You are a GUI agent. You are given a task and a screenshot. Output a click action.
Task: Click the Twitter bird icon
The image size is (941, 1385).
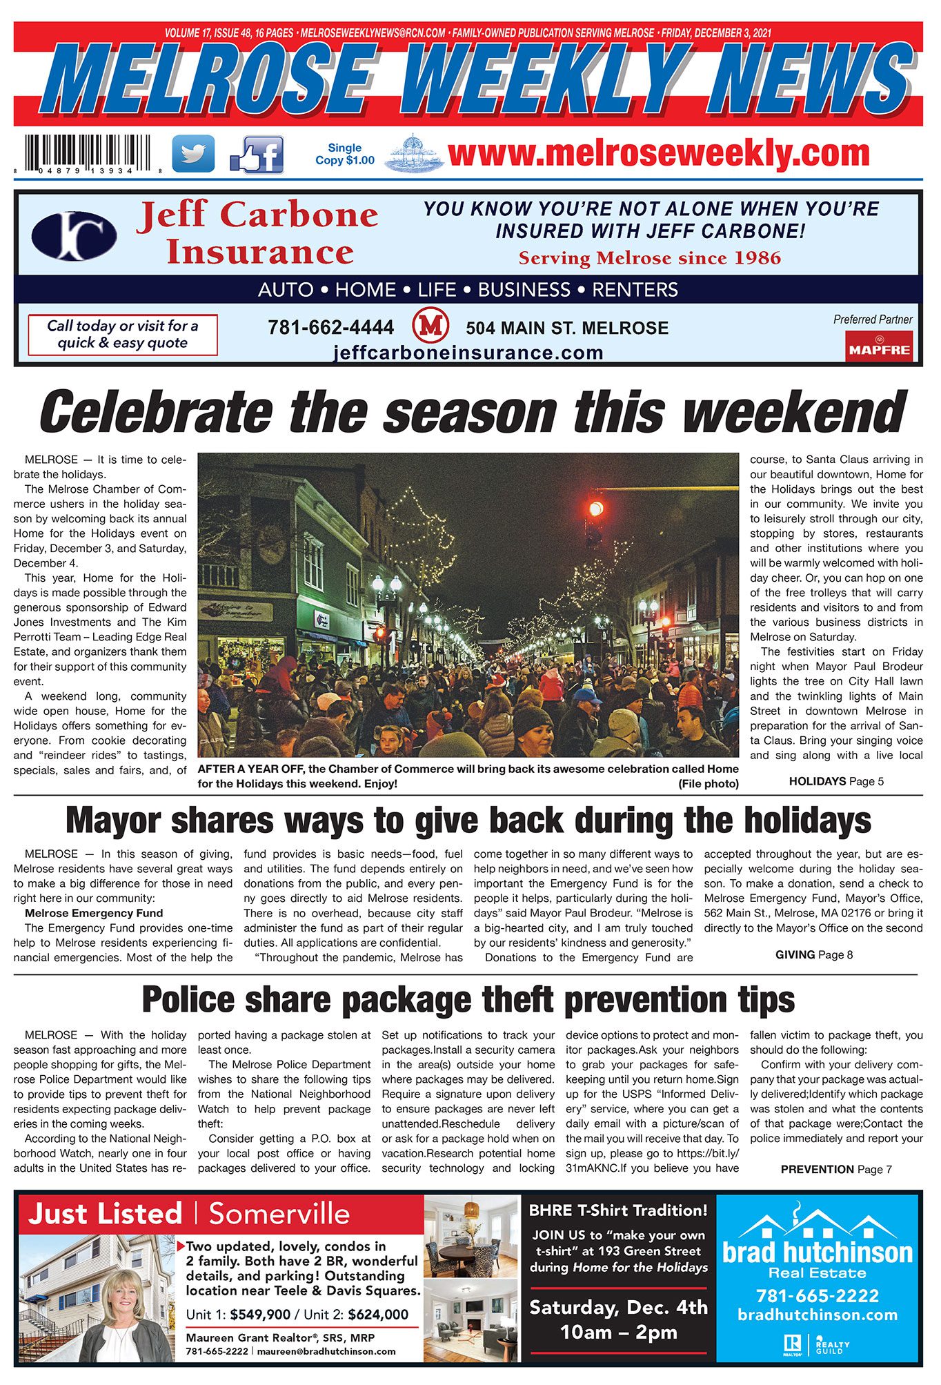(x=192, y=153)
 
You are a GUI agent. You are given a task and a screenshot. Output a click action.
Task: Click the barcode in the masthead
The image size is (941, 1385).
(x=88, y=153)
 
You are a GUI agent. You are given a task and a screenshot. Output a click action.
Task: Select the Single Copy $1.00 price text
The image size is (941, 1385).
(x=345, y=154)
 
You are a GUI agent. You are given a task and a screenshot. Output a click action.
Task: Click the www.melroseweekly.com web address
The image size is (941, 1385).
(x=659, y=153)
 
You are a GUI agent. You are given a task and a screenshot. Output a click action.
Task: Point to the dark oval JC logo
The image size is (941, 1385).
(x=74, y=235)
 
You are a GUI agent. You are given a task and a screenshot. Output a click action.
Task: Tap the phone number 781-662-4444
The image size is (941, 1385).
(x=331, y=327)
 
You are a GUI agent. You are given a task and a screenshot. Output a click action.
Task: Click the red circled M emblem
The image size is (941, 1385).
(x=430, y=326)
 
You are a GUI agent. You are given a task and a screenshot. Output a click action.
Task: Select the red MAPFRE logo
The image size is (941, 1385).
(x=879, y=347)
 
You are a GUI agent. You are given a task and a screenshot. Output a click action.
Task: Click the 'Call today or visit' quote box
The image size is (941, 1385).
(x=123, y=335)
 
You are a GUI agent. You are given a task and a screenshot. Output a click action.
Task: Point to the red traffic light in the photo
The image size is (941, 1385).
(x=595, y=509)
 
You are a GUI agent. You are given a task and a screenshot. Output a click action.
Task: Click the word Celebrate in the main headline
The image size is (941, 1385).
(x=155, y=412)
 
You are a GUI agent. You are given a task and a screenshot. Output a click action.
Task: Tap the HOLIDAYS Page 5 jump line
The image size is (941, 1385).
(x=836, y=781)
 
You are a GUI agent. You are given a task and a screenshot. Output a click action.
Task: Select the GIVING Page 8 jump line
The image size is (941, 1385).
(x=814, y=954)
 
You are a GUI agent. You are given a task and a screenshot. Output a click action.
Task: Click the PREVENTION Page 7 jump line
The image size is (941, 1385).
(x=836, y=1169)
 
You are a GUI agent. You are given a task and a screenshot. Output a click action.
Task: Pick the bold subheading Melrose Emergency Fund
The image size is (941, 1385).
(x=94, y=913)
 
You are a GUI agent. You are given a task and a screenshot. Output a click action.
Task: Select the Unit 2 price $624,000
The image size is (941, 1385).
(x=378, y=1315)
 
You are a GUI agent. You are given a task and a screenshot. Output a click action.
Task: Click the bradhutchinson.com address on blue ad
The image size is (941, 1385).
(x=818, y=1315)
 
